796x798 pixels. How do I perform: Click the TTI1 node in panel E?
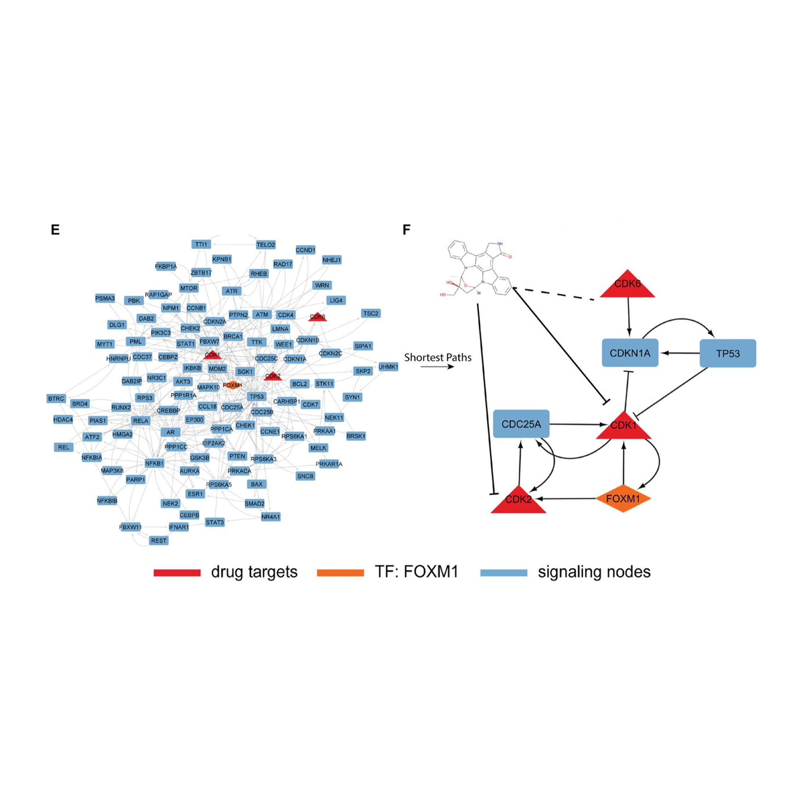(x=201, y=244)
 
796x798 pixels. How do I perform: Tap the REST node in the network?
(x=159, y=541)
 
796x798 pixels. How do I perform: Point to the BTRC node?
(x=56, y=399)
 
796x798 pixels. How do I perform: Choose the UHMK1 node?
(x=388, y=367)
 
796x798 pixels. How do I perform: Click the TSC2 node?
(x=371, y=314)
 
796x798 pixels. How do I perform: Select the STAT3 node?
(x=215, y=522)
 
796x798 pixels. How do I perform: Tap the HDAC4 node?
(x=63, y=420)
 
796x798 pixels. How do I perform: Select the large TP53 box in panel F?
(x=728, y=354)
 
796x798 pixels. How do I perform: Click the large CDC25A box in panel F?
(x=521, y=424)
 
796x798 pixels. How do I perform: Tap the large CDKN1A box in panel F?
(x=630, y=353)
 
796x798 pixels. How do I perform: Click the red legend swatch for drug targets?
(x=177, y=572)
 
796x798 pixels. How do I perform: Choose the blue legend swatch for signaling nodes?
(x=504, y=572)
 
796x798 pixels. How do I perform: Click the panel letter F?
(x=406, y=230)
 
